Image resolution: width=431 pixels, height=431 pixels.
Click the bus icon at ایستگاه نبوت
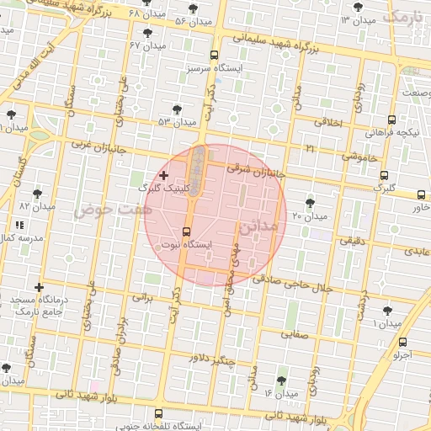coord(186,231)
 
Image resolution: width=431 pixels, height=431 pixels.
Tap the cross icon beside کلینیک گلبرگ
coord(163,175)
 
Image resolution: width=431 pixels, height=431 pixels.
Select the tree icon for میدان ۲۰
coord(311,203)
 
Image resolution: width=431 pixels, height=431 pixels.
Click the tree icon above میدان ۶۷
coord(148,32)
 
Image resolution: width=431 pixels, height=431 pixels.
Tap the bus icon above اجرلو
coord(403,342)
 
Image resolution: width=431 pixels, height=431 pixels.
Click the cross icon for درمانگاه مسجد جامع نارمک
coord(39,288)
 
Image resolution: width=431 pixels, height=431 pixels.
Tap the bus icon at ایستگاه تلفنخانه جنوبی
coord(159,412)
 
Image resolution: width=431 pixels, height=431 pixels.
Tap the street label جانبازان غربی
coord(98,144)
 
